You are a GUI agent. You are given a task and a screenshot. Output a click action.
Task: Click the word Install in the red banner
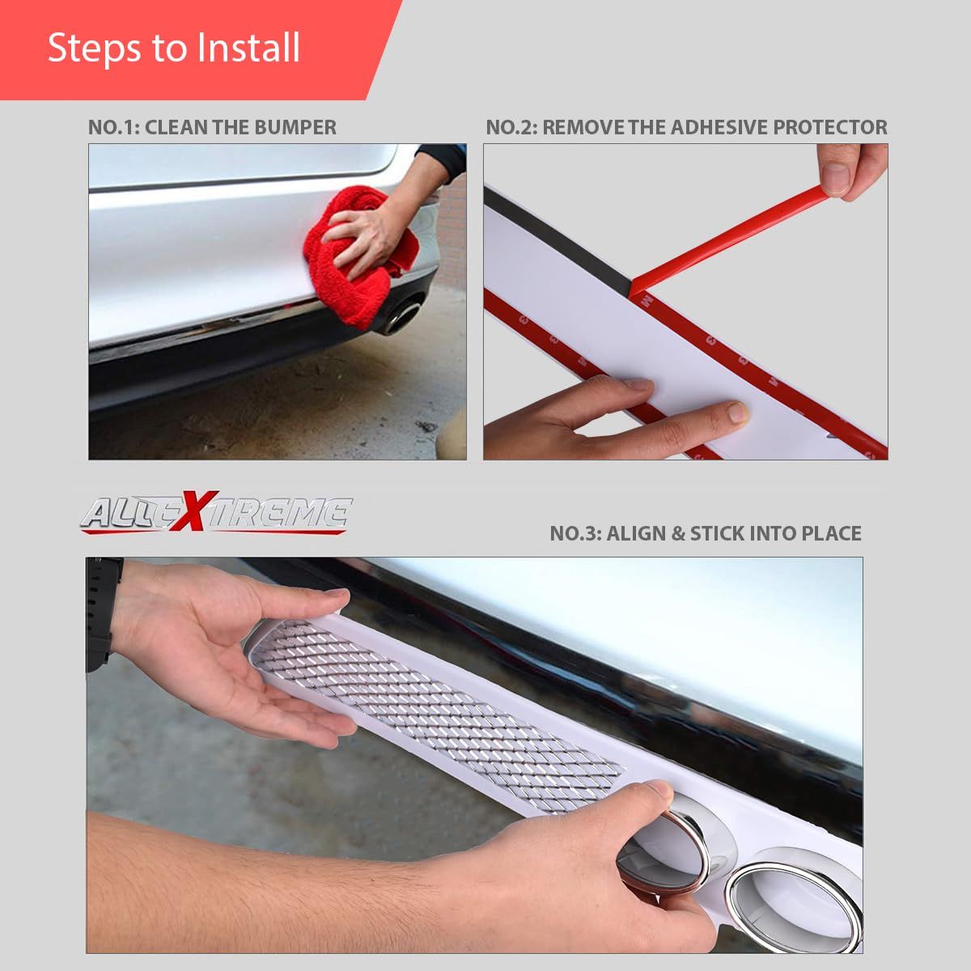(248, 48)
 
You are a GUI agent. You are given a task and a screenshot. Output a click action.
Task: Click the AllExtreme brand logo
(216, 513)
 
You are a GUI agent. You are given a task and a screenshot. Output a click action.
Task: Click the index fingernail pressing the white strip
(738, 412)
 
